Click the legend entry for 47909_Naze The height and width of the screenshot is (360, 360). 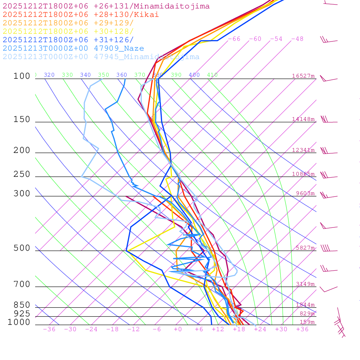pos(73,49)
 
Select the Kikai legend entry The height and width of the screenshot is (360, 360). pos(81,15)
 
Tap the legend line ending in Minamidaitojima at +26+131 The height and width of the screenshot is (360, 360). pos(106,6)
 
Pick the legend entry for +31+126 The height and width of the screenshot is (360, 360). pos(68,40)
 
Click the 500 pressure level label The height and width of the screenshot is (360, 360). pos(22,249)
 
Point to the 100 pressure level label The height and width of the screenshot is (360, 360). pos(22,76)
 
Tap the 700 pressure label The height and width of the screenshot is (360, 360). pos(22,284)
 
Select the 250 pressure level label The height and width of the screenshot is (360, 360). pos(22,174)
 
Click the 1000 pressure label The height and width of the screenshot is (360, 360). pos(19,322)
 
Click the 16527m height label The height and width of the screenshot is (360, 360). pos(303,76)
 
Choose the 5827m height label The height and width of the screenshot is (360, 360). pos(305,248)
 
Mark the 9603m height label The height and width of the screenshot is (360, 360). pos(305,193)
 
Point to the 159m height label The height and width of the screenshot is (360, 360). pos(307,322)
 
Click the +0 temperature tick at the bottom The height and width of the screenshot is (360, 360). pos(178,329)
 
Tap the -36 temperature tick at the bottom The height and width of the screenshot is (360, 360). pos(49,329)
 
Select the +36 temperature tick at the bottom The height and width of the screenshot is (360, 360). pos(302,329)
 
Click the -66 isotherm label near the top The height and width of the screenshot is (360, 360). pos(234,39)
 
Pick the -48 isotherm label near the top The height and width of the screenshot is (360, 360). pos(297,39)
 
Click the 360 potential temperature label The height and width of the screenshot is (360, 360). pos(122,75)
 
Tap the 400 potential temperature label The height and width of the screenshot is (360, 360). pos(194,75)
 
